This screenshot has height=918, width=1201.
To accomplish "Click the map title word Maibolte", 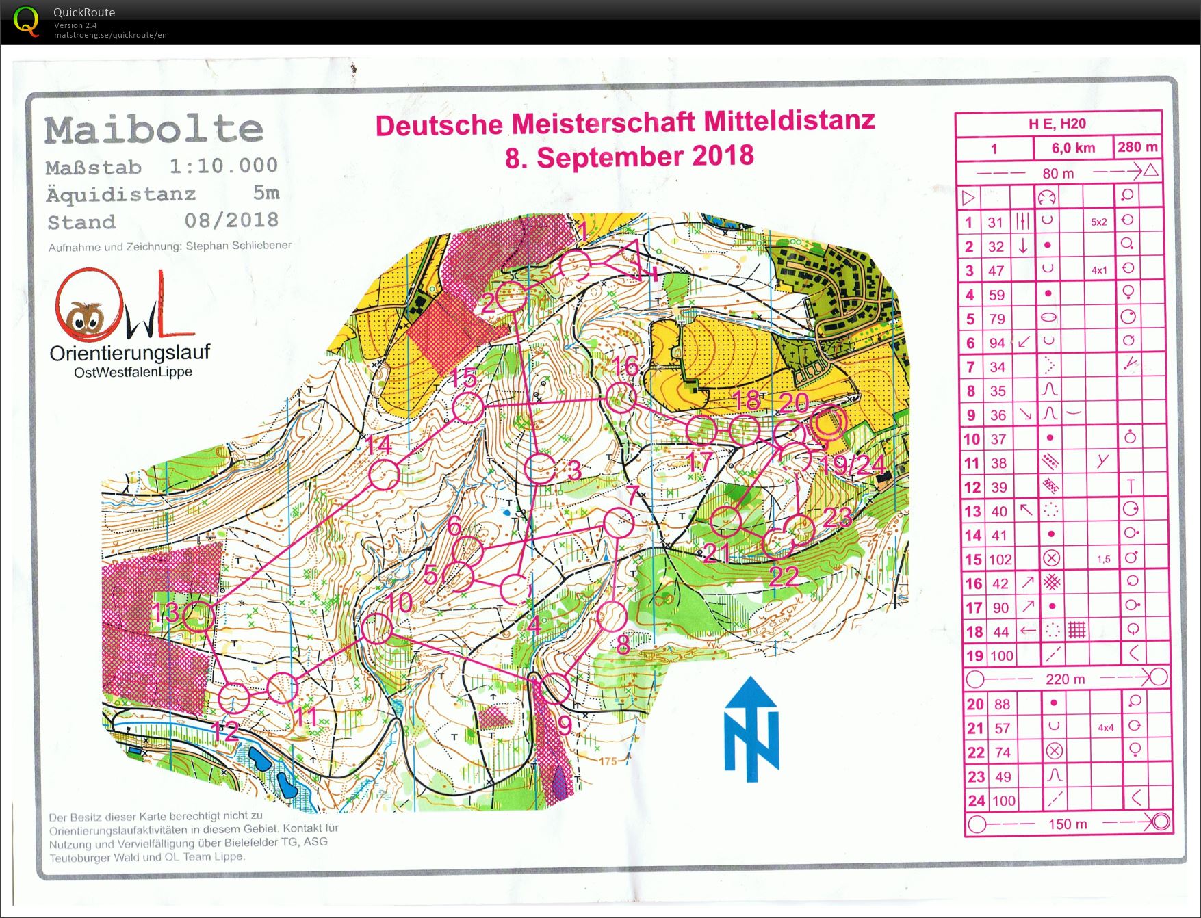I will click(x=154, y=130).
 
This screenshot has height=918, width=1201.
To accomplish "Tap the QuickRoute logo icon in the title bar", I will click(x=26, y=22).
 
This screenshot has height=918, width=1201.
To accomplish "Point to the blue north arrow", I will click(x=751, y=729).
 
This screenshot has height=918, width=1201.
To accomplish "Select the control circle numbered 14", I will click(x=384, y=474).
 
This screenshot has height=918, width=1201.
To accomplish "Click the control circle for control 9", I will click(x=556, y=687).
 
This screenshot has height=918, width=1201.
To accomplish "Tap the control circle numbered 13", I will click(x=198, y=616).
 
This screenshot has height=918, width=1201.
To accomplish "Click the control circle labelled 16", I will click(x=621, y=397).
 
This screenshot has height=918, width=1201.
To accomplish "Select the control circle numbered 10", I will click(x=376, y=628).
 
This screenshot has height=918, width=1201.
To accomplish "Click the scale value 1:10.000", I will click(x=223, y=166).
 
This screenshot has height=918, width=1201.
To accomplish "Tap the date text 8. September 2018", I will click(x=629, y=157).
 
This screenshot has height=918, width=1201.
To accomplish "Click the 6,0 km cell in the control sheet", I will click(x=1072, y=148).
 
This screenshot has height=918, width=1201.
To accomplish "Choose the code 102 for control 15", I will click(x=1000, y=560).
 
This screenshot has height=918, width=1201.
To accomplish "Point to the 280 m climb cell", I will click(x=1137, y=147).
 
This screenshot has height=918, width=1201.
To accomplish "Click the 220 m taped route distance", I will click(x=1065, y=679).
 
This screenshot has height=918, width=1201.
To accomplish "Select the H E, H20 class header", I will click(x=1057, y=124).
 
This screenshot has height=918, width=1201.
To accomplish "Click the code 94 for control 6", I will click(x=997, y=343).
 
